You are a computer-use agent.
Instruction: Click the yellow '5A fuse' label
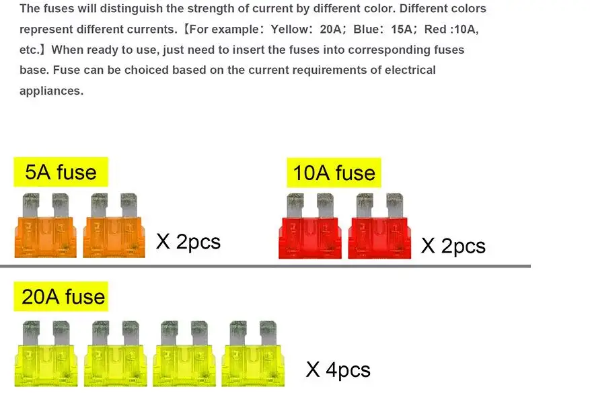(x=61, y=172)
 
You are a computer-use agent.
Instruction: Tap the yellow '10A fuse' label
(x=334, y=173)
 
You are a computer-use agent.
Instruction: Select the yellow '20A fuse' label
(x=61, y=296)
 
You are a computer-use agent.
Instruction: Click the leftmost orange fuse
(x=45, y=226)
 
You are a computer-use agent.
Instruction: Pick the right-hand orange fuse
(x=114, y=226)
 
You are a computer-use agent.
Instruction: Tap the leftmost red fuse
(x=310, y=226)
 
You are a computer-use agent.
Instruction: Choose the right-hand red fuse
(x=379, y=226)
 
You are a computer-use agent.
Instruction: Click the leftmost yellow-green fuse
(x=46, y=353)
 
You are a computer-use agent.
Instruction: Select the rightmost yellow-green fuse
(x=253, y=353)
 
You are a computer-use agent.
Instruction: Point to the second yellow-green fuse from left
(x=115, y=353)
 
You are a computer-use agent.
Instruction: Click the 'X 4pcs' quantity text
(x=338, y=369)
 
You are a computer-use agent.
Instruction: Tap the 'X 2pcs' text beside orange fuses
(x=188, y=242)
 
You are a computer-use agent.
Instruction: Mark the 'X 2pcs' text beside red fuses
(x=453, y=246)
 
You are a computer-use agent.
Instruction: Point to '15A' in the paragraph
(x=402, y=30)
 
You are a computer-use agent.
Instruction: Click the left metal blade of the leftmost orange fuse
(x=31, y=205)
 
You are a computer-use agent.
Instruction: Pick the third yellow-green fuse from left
(x=184, y=353)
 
